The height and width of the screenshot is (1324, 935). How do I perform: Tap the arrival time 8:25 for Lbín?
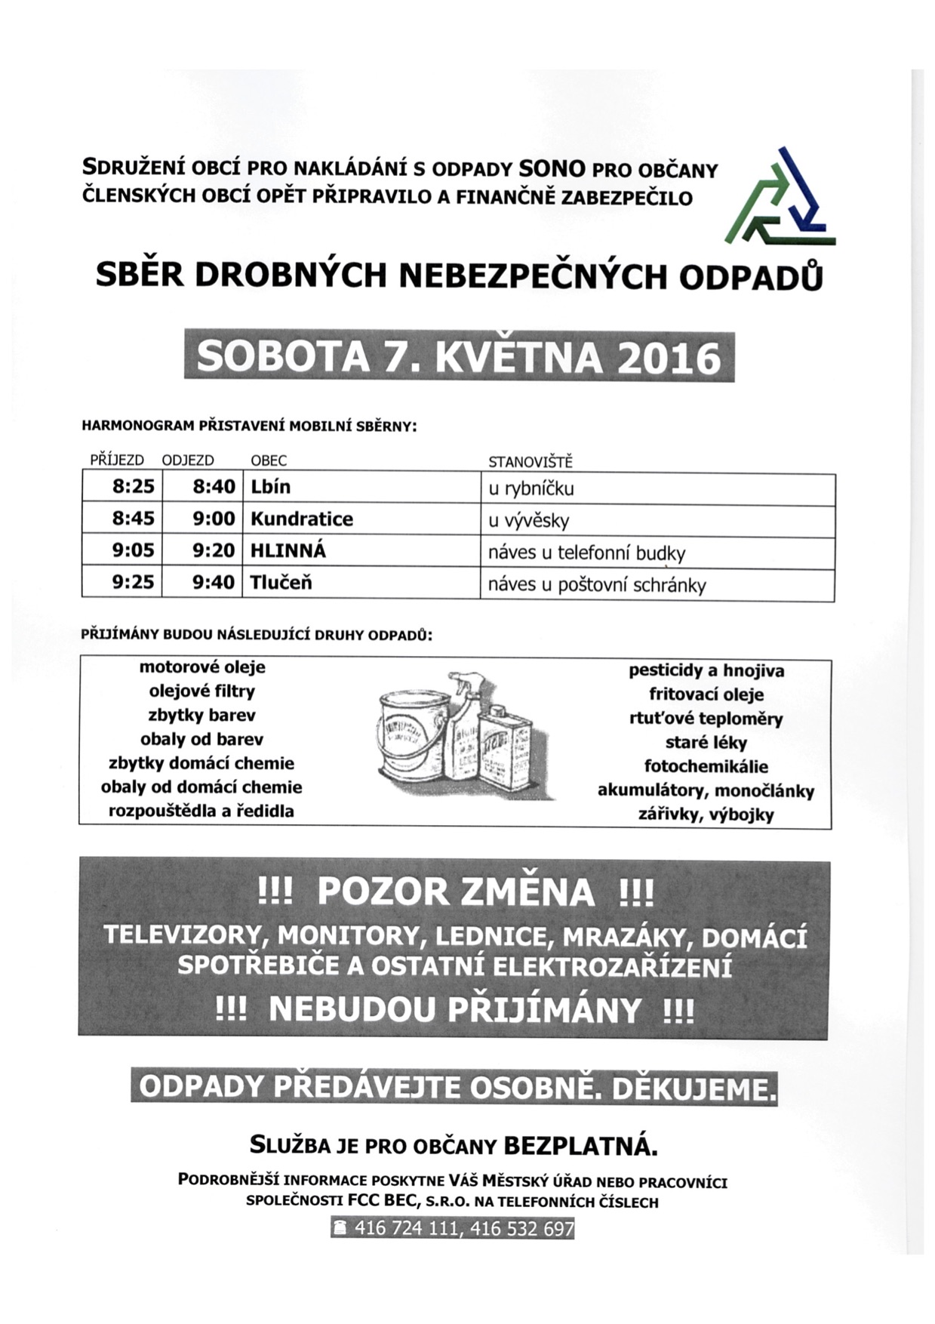click(x=133, y=487)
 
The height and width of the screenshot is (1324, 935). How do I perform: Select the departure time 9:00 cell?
click(x=214, y=519)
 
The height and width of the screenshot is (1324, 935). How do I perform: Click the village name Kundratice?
click(x=302, y=519)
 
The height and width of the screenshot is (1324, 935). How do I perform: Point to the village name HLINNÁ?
click(x=288, y=551)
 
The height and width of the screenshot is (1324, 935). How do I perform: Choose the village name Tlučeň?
click(x=281, y=583)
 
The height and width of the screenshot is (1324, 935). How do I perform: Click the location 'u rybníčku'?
click(x=531, y=488)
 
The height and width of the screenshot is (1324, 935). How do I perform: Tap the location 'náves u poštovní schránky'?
click(x=597, y=585)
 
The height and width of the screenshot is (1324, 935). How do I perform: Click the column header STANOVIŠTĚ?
click(x=531, y=461)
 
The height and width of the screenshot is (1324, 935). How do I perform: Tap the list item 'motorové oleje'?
click(x=202, y=667)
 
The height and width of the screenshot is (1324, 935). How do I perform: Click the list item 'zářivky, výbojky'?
click(x=706, y=815)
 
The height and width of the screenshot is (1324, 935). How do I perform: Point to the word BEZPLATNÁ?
click(x=580, y=1147)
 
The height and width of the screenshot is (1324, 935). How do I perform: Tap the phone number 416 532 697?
click(x=521, y=1229)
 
